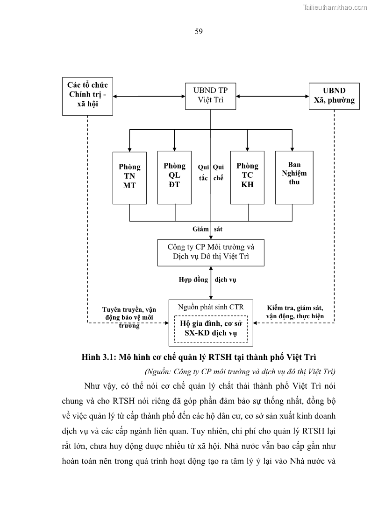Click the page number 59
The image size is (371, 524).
pyautogui.click(x=198, y=32)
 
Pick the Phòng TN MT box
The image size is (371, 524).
pyautogui.click(x=129, y=177)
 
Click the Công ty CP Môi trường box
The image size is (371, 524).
pyautogui.click(x=211, y=252)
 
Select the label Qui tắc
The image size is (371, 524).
pyautogui.click(x=203, y=173)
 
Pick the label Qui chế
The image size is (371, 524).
pyautogui.click(x=218, y=173)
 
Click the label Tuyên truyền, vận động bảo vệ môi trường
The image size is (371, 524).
pyautogui.click(x=129, y=317)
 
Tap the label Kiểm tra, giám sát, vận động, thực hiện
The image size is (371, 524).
pyautogui.click(x=294, y=312)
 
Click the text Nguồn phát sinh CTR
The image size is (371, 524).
pyautogui.click(x=211, y=307)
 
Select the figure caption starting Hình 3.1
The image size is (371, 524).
pyautogui.click(x=199, y=358)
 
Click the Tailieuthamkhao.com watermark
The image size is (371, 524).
pyautogui.click(x=335, y=7)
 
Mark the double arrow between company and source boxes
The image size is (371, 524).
pyautogui.click(x=211, y=283)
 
